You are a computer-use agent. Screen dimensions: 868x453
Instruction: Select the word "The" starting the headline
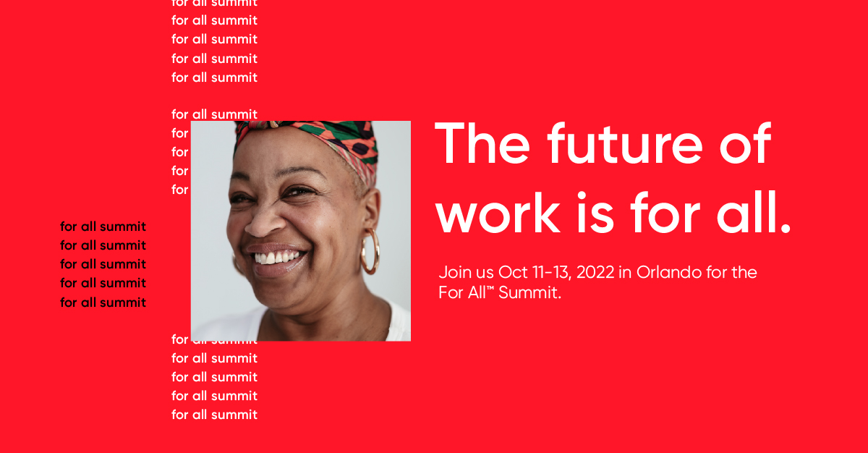point(482,143)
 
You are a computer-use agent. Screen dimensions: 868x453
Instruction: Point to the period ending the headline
point(786,228)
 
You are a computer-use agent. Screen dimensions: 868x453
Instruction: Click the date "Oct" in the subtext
point(513,272)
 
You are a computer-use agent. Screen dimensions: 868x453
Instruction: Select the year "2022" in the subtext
point(595,272)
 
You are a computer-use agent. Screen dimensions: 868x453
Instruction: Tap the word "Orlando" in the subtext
point(669,272)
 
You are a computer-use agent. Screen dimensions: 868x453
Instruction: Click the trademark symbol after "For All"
point(490,288)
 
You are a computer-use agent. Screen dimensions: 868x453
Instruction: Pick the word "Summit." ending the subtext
point(529,292)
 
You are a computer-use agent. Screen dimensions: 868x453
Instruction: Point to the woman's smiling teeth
point(278,258)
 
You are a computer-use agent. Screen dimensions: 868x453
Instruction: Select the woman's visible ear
point(371,209)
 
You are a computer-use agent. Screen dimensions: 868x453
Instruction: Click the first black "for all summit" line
point(103,226)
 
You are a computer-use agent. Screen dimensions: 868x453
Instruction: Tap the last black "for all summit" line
point(103,302)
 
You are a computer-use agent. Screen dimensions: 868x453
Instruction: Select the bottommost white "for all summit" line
point(215,415)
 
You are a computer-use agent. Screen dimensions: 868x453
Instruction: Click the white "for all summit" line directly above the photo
point(215,114)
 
